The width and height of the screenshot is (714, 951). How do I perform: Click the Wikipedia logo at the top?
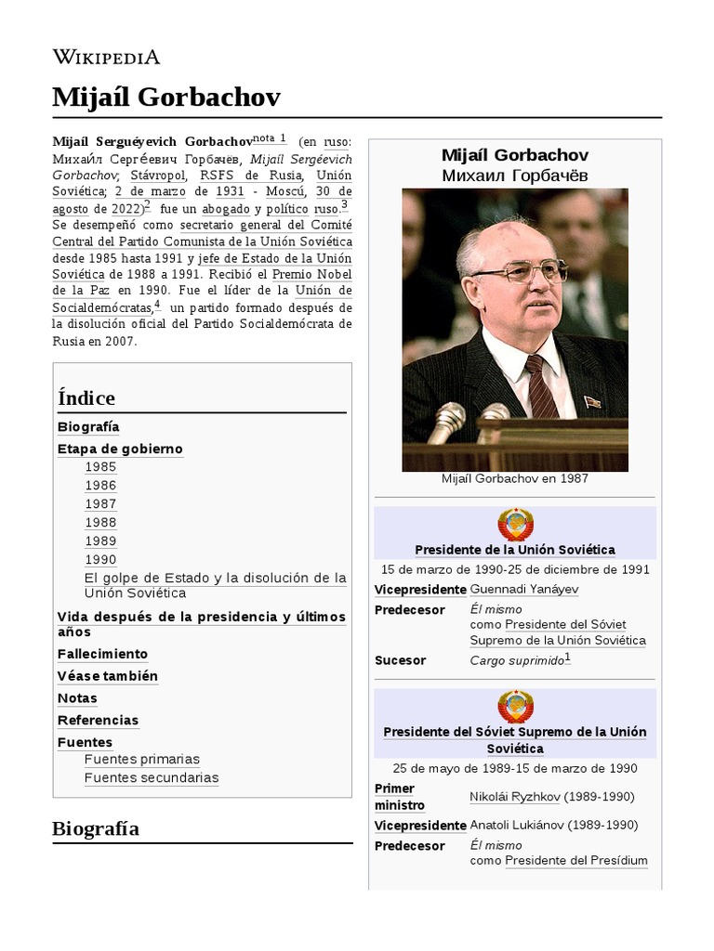click(x=106, y=57)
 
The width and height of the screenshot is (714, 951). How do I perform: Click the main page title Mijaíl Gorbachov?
click(x=166, y=97)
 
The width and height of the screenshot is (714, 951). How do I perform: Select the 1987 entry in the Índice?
click(x=100, y=503)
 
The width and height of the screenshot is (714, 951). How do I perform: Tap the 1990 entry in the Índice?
click(x=100, y=559)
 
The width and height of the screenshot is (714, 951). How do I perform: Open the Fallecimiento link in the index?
click(x=102, y=654)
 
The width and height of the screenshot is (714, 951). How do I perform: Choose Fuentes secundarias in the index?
click(x=152, y=777)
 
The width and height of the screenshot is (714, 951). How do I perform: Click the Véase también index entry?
click(x=108, y=676)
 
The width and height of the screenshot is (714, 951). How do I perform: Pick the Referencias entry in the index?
click(x=98, y=721)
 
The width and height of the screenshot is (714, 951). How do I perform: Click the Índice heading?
click(x=86, y=398)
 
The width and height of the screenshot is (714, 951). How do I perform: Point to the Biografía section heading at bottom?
click(x=96, y=828)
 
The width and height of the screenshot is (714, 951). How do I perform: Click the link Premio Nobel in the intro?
click(x=311, y=274)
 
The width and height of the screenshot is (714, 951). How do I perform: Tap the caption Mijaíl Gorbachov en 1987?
click(x=515, y=479)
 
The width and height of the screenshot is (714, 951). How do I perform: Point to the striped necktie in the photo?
click(x=542, y=385)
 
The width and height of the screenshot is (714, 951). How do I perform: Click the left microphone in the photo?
click(x=447, y=422)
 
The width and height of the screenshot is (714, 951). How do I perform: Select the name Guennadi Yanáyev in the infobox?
click(x=523, y=590)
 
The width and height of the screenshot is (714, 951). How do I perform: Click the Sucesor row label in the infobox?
click(x=400, y=660)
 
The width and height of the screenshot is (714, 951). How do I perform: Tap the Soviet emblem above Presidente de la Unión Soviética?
click(x=515, y=525)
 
